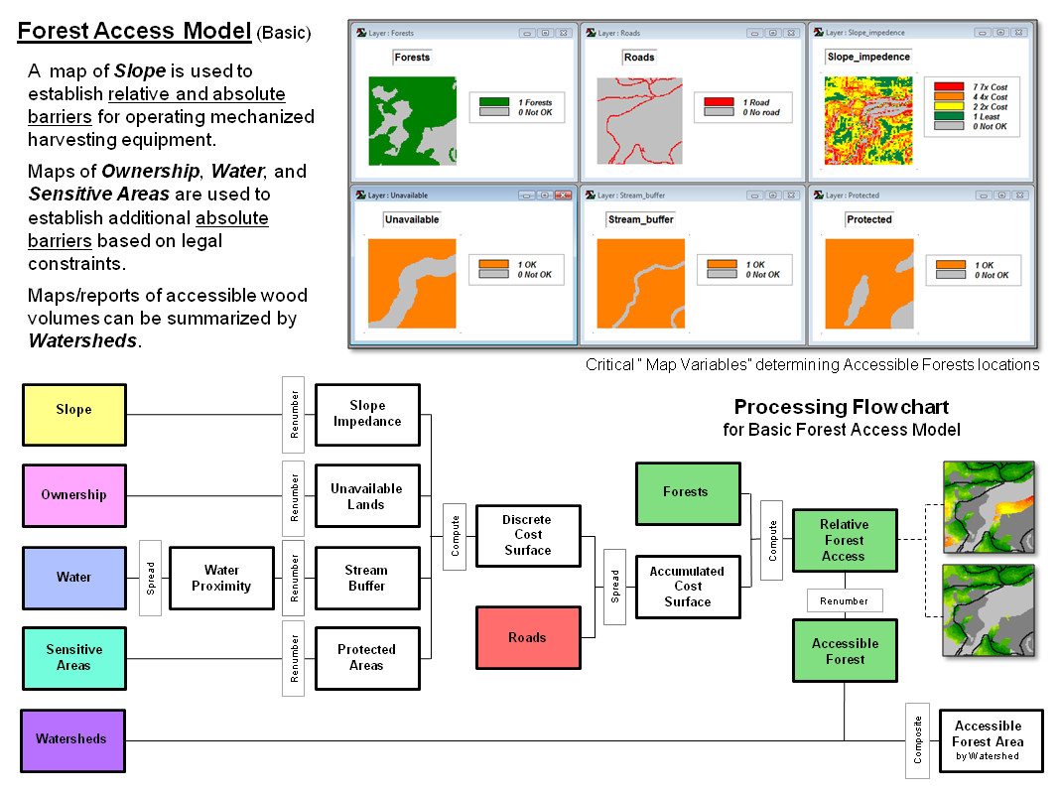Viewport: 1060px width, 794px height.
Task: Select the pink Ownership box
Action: pos(74,495)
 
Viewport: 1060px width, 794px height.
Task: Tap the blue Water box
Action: pos(74,578)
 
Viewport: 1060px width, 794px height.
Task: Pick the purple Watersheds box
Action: pos(72,739)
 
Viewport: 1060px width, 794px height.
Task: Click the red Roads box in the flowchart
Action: pos(527,638)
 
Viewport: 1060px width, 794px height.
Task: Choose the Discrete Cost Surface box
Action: pos(527,535)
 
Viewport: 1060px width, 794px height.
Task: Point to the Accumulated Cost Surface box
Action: pos(687,587)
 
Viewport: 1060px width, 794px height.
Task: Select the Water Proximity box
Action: pos(221,579)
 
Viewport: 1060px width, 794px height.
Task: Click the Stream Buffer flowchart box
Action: pos(365,579)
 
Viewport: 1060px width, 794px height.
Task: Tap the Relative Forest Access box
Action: pos(844,541)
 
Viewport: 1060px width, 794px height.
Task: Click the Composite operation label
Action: pos(918,739)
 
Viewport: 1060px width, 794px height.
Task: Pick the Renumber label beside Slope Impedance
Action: pos(294,415)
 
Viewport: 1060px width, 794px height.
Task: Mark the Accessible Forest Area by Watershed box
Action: pos(988,740)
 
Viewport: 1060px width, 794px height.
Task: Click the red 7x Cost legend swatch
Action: pos(948,87)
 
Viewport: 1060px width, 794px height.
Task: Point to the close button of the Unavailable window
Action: pos(564,196)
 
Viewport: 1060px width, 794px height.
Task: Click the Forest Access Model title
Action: pos(134,31)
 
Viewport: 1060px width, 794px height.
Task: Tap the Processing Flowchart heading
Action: pos(841,407)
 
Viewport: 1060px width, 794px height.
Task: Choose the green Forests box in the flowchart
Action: pos(686,492)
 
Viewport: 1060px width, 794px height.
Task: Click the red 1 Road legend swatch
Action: pos(718,102)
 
